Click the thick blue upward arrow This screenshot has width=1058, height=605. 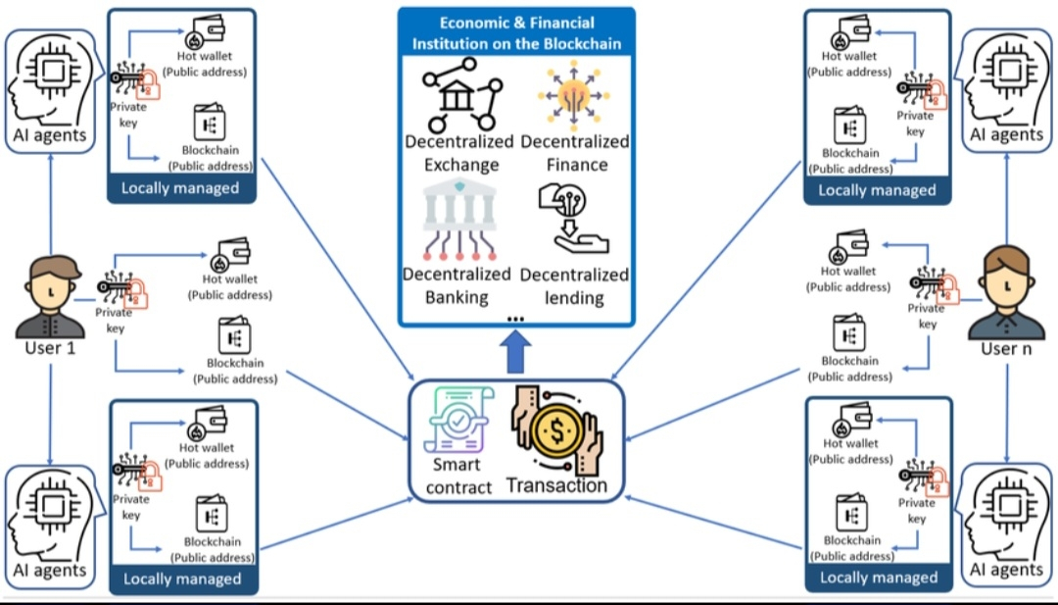pos(516,350)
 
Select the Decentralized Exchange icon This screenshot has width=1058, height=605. pos(460,94)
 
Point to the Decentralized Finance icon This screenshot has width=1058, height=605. pos(574,94)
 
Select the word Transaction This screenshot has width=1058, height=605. pos(555,484)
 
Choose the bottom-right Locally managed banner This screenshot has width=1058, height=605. pos(877,578)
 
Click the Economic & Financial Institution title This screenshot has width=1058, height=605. pos(516,33)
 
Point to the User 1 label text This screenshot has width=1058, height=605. pos(50,348)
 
